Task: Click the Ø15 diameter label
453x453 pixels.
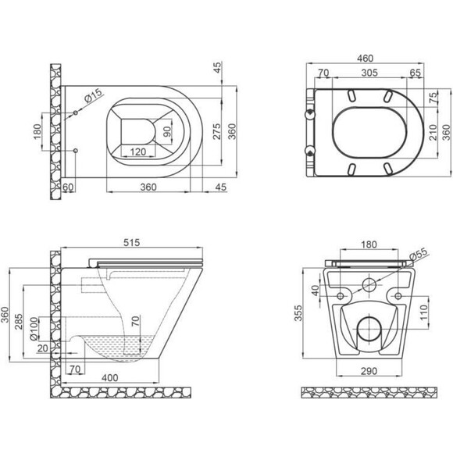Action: click(93, 95)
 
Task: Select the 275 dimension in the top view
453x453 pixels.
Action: click(217, 131)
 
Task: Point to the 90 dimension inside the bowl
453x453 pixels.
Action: click(167, 132)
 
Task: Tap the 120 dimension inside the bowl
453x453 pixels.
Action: click(138, 152)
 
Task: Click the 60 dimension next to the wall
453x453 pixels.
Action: click(68, 187)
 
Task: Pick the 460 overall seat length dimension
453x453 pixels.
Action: click(366, 59)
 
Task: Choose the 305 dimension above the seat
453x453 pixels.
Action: click(369, 73)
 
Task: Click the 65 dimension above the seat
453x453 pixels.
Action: click(416, 73)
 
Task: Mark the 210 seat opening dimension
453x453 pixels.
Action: click(433, 132)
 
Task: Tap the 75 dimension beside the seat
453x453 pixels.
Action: click(433, 98)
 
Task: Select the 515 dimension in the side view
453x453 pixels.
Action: click(131, 243)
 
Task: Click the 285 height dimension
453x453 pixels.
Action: click(19, 321)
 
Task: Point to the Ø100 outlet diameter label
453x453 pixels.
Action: click(34, 329)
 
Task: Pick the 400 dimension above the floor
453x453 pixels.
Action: click(110, 377)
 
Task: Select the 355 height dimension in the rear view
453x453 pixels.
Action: click(298, 313)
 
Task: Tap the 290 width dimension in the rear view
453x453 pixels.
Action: click(369, 371)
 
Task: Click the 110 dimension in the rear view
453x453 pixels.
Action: click(423, 312)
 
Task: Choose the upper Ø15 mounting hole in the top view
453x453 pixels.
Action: click(76, 112)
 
